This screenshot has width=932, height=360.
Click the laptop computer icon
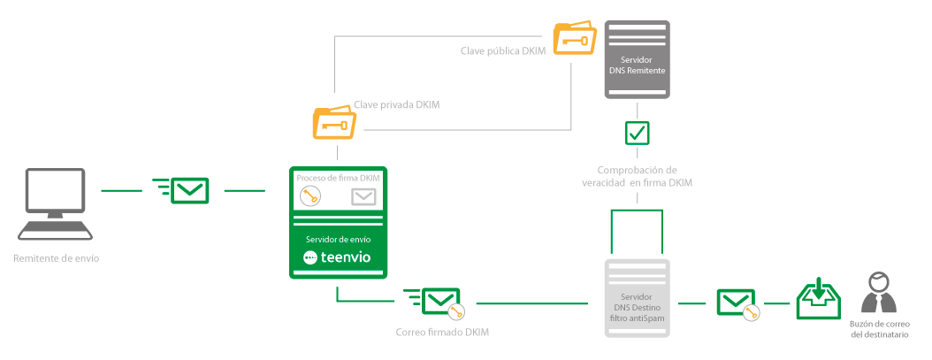[x=56, y=203]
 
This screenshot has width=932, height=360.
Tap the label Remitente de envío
[x=57, y=259]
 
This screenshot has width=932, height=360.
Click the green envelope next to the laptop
[x=189, y=190]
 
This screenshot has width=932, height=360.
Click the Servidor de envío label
[x=340, y=240]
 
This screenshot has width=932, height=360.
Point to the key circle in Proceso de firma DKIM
[x=309, y=197]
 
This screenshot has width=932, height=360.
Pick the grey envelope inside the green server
[x=364, y=197]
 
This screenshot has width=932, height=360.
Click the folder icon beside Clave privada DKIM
[x=334, y=123]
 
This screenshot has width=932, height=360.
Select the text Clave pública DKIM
[x=503, y=50]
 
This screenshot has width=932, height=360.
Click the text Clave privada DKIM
[x=397, y=104]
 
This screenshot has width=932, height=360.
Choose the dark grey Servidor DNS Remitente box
[x=637, y=58]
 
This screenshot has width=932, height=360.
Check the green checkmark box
[x=637, y=133]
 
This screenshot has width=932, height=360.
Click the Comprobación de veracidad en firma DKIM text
[x=637, y=176]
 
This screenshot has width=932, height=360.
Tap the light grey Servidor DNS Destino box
[x=638, y=299]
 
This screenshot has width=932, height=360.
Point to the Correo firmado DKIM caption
[x=442, y=333]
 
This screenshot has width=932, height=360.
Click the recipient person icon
[x=876, y=293]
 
